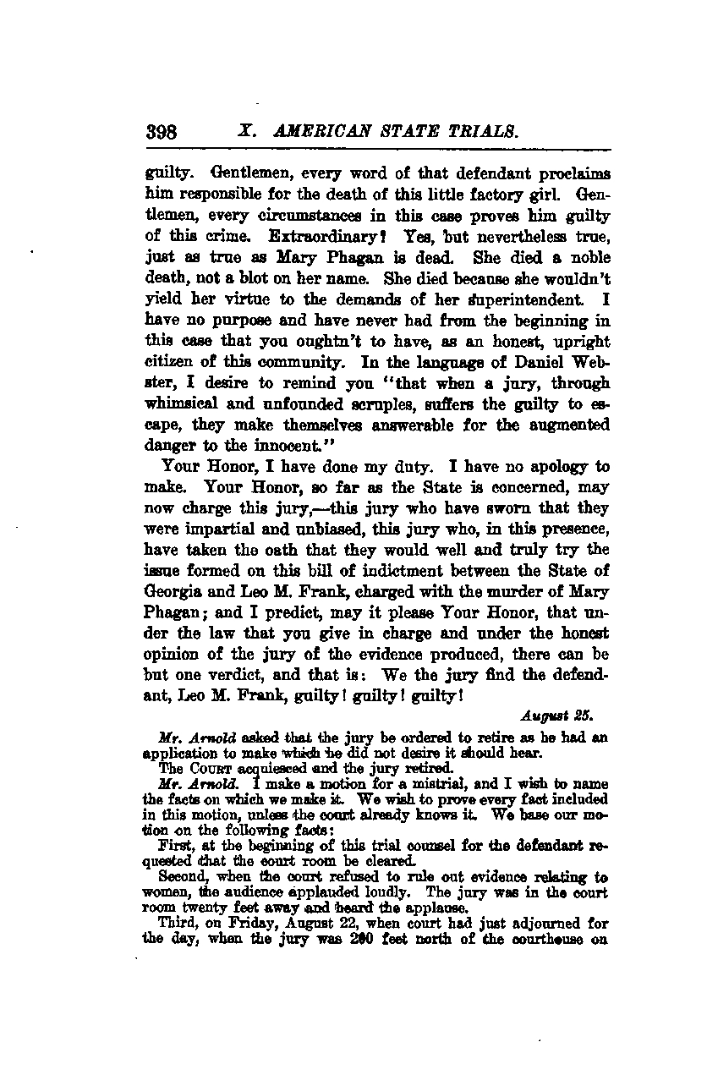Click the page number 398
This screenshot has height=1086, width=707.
160,132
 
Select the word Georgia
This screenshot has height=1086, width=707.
175,571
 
